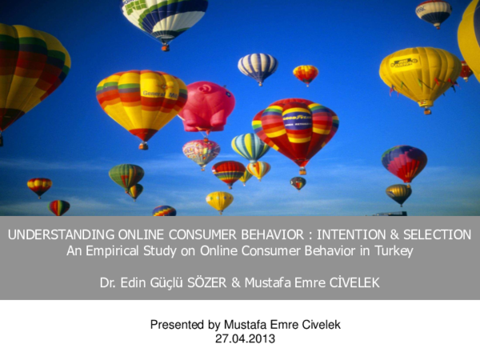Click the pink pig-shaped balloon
[207, 106]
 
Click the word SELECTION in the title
[434, 235]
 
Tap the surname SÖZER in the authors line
[226, 282]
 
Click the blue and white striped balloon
[258, 66]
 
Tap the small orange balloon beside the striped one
[306, 74]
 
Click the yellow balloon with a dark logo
[420, 77]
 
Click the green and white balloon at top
[165, 19]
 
